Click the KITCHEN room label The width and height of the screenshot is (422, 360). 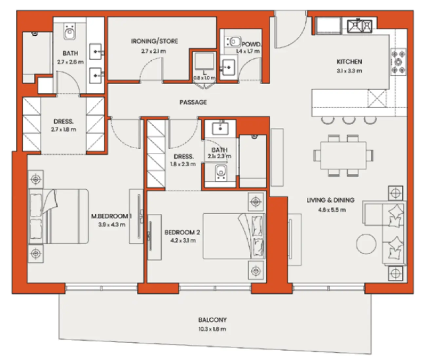click(349, 62)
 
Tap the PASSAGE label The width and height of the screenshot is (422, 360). click(193, 102)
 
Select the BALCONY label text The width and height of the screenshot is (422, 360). click(212, 320)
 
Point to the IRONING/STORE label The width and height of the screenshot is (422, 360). click(154, 41)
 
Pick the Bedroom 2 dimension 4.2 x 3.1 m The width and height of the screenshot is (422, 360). click(183, 241)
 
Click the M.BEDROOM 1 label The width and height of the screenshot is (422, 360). click(111, 216)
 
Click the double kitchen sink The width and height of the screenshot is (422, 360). click(360, 26)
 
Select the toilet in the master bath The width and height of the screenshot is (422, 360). click(69, 32)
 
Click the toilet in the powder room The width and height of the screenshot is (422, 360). click(234, 42)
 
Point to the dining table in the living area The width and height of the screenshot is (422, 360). click(343, 155)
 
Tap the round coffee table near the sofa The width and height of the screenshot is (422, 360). click(366, 244)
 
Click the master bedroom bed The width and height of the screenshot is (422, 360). click(59, 216)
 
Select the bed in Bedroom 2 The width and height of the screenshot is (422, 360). click(234, 236)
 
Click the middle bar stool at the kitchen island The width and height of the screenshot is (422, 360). click(349, 120)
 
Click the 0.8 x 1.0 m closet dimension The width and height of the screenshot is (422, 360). click(204, 78)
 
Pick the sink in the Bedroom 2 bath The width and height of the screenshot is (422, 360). click(220, 128)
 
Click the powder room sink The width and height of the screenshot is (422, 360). click(228, 68)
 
